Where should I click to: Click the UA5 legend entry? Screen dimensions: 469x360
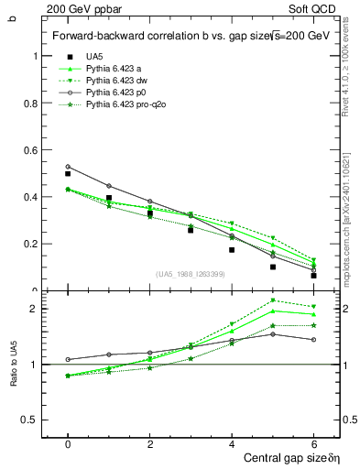click(94, 57)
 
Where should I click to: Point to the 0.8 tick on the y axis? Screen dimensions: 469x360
click(32, 103)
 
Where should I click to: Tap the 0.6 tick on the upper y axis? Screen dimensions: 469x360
click(32, 149)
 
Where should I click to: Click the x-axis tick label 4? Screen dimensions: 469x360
click(232, 442)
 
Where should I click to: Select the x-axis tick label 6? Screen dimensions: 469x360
click(313, 442)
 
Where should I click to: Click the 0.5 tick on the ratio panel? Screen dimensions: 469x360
click(32, 420)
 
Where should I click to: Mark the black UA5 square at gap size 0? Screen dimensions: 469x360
click(68, 174)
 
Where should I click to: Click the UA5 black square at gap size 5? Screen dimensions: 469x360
click(273, 267)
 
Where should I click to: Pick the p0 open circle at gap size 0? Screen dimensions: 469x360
click(68, 167)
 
